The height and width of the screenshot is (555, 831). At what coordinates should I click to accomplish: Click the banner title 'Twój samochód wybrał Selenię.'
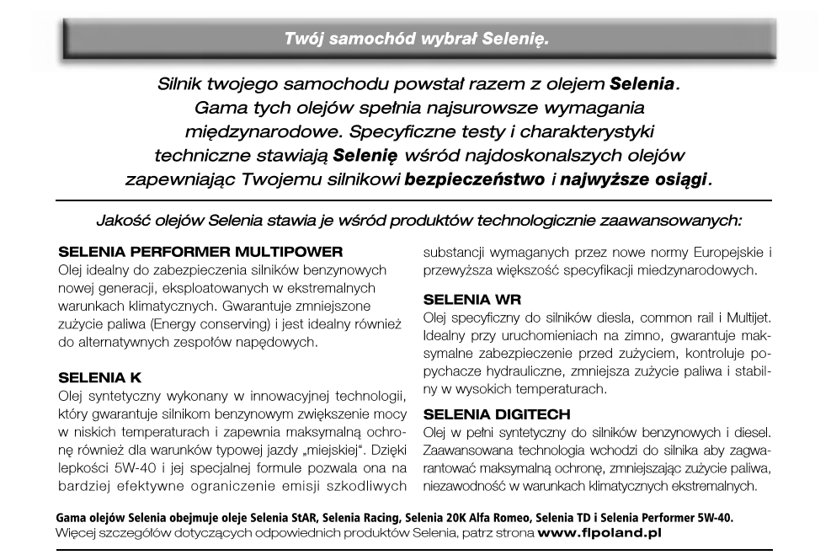pos(417,39)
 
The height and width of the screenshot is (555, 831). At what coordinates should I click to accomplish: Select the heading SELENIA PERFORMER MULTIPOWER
pos(202,252)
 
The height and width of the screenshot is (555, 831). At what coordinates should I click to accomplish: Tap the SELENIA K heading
pos(105,379)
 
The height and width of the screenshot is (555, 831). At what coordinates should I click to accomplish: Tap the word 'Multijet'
pos(743,317)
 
